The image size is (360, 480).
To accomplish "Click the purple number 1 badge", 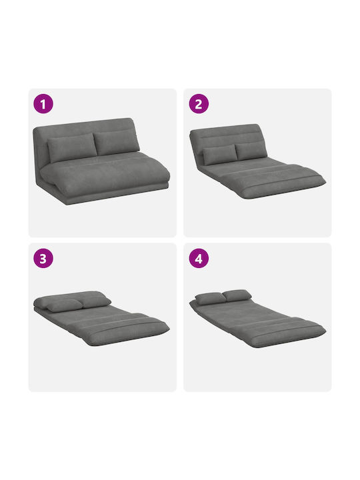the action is tap(43, 103).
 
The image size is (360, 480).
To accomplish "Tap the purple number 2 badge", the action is tap(199, 103).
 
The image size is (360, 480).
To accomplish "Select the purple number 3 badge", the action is tap(43, 258).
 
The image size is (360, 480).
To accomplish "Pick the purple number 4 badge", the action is tap(199, 258).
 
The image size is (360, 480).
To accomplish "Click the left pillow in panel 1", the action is tap(72, 147).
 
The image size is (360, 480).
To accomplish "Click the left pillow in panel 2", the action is tap(220, 154).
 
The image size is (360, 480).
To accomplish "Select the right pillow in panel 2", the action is tap(251, 151).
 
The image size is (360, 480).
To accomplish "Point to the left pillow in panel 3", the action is tap(65, 305).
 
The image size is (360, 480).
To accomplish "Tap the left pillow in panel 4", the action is tap(211, 298).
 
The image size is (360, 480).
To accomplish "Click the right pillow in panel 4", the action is tap(237, 295).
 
